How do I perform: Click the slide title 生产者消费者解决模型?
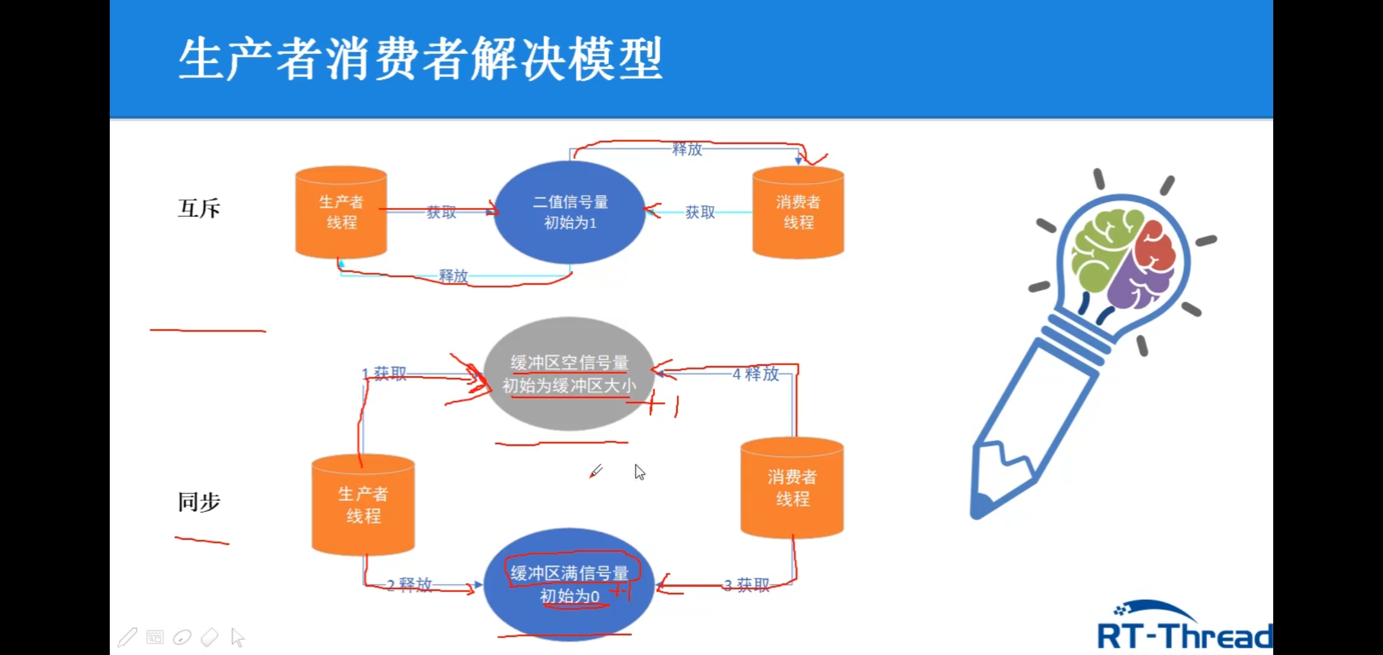(x=420, y=59)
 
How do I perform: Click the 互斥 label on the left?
(x=199, y=209)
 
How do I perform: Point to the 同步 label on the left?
(x=199, y=502)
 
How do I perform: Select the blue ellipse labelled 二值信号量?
(x=570, y=212)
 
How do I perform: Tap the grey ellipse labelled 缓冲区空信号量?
(x=568, y=374)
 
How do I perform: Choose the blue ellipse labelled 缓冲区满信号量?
(x=568, y=584)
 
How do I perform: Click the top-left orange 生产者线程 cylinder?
(x=341, y=212)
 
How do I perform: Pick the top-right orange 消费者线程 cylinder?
(x=798, y=212)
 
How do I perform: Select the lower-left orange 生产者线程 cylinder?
(x=363, y=505)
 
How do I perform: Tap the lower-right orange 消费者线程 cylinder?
(x=792, y=488)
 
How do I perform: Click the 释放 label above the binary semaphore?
(x=687, y=149)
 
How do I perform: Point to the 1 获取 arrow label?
(x=385, y=374)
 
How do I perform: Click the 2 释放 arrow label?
(x=409, y=585)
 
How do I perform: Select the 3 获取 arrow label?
(x=747, y=585)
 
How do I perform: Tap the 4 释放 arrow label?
(x=756, y=374)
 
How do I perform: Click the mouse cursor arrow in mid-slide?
(x=639, y=472)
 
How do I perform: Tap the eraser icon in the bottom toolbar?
(x=209, y=637)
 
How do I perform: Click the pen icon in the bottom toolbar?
(x=127, y=637)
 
